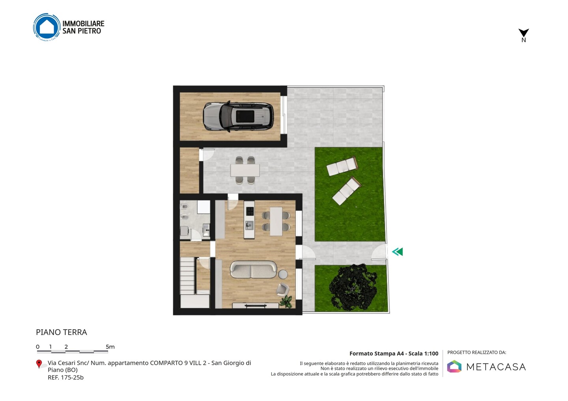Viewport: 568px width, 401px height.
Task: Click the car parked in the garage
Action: point(238,117)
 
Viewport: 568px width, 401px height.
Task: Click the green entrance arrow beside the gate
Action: point(397,252)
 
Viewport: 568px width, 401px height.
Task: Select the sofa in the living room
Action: point(253,269)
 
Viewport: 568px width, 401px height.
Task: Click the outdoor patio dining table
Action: point(245,171)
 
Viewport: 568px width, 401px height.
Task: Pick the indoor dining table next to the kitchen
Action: point(276,221)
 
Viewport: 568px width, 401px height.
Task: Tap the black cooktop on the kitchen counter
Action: point(250,211)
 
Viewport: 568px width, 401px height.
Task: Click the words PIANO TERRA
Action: point(62,332)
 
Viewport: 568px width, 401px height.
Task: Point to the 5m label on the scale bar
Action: point(110,347)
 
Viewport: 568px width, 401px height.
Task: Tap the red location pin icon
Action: point(39,364)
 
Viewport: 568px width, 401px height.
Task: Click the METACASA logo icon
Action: point(454,366)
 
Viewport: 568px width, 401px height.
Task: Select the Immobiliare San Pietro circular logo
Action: point(47,27)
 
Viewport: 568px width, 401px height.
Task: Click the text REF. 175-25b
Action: point(65,377)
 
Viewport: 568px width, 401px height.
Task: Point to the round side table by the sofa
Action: point(283,274)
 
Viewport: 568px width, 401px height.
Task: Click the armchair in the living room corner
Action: point(283,289)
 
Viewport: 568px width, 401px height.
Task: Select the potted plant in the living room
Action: point(286,301)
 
